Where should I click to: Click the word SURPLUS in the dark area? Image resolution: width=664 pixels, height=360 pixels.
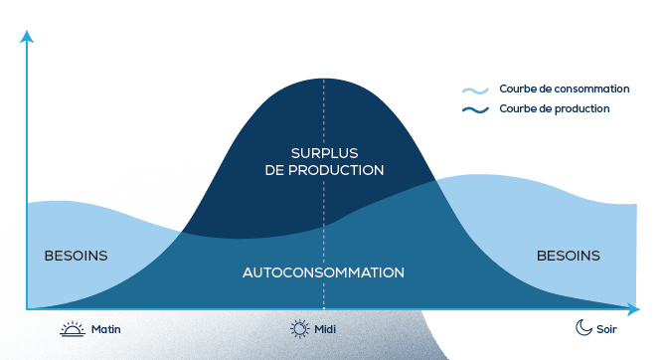tap(324, 153)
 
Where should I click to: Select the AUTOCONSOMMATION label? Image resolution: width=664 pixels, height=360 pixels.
tap(323, 272)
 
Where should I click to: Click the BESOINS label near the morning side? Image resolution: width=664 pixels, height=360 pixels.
tap(77, 256)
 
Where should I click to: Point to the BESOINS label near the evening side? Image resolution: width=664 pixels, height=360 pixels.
tap(569, 256)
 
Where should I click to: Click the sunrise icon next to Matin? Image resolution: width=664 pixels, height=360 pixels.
tap(73, 328)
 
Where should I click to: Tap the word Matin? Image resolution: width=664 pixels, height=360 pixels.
tap(106, 329)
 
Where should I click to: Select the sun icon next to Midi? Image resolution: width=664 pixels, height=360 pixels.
tap(300, 328)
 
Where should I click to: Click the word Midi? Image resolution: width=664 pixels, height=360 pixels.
tap(325, 329)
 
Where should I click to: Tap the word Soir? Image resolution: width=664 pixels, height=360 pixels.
tap(606, 329)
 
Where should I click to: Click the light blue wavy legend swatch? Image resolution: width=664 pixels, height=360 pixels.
tap(475, 90)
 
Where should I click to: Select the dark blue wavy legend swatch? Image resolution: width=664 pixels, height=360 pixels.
tap(475, 110)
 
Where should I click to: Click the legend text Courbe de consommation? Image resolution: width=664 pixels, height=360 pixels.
tap(565, 89)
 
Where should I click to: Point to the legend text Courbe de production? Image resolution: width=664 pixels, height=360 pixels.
tap(555, 108)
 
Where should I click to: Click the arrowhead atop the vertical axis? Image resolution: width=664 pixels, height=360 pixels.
tap(27, 37)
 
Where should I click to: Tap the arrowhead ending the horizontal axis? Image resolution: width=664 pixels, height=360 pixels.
tap(633, 309)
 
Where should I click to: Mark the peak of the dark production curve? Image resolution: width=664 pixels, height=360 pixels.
tap(324, 79)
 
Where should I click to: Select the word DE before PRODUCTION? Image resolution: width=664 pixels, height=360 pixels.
tap(274, 170)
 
